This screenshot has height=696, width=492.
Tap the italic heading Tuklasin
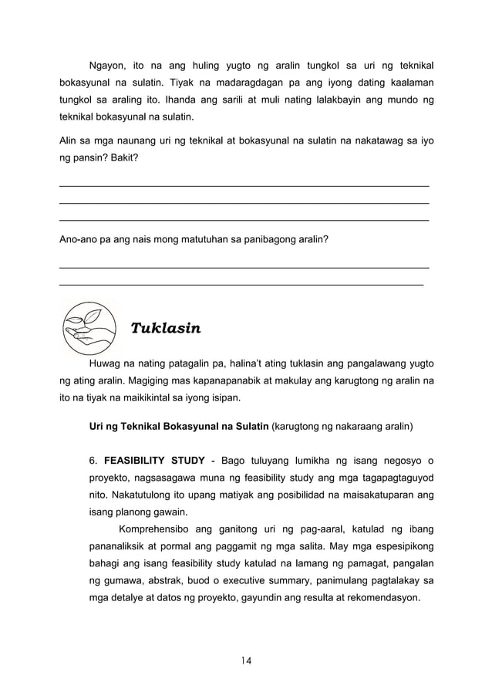tap(166, 329)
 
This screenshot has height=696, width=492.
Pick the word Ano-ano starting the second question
tap(80, 240)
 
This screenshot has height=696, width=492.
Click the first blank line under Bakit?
tap(244, 186)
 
